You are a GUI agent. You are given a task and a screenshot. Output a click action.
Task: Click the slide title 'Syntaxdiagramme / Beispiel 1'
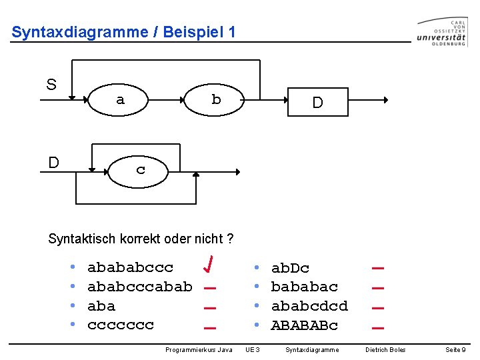coord(123,32)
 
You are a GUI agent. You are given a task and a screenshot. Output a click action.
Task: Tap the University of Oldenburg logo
coord(441,32)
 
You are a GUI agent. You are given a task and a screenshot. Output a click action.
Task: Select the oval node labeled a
coord(120,100)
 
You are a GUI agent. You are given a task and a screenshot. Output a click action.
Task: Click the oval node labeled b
coord(215,100)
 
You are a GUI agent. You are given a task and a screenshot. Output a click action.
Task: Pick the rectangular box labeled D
coord(317,102)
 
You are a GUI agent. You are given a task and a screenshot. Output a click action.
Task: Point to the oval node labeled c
coord(140,169)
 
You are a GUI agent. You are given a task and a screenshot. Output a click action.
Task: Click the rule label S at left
coord(51,85)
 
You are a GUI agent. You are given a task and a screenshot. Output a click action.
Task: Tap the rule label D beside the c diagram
coord(53,163)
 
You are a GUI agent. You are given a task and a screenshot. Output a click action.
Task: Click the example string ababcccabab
coord(140,287)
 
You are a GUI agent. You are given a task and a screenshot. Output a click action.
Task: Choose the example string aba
coord(101,306)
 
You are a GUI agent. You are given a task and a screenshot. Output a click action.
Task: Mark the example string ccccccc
coord(121,325)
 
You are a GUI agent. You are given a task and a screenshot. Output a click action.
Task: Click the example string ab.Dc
coord(290,268)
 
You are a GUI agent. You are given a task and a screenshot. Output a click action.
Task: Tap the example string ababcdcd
coord(309,306)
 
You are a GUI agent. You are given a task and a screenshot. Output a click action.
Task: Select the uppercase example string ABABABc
coord(305,325)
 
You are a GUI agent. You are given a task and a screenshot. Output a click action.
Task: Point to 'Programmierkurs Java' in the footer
coord(199,350)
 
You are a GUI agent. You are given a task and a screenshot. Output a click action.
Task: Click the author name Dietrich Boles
coord(385,350)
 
